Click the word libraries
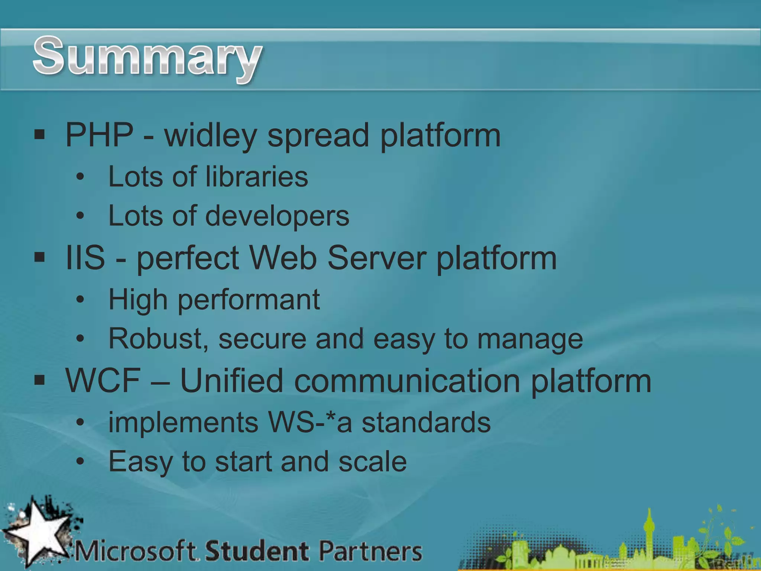tap(256, 177)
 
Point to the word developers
tap(277, 217)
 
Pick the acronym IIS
tap(85, 258)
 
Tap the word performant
tap(249, 300)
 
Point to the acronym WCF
tap(103, 380)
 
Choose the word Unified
tap(231, 380)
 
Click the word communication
tap(407, 381)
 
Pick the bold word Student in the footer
tap(257, 551)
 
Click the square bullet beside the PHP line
tap(39, 134)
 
